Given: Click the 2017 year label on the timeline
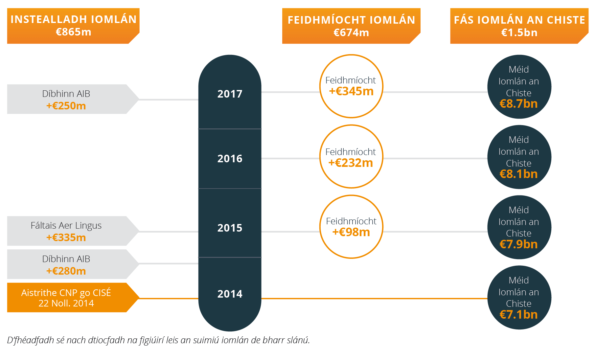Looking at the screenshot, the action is click(x=230, y=94).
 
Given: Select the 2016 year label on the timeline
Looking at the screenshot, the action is click(x=230, y=159).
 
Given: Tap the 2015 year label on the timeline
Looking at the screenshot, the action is click(x=230, y=228).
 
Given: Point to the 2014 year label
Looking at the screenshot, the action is click(x=230, y=294).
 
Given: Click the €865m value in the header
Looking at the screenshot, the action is click(x=73, y=32).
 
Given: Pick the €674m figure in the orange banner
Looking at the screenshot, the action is click(x=351, y=33).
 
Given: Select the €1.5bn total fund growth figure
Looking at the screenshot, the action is click(x=519, y=33).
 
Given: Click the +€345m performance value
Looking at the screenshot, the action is click(x=351, y=91).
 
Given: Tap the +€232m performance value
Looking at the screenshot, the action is click(x=351, y=163).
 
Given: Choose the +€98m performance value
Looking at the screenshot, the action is click(x=351, y=232).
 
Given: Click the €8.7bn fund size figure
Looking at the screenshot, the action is click(x=518, y=104).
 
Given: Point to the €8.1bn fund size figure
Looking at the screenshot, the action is click(x=518, y=174).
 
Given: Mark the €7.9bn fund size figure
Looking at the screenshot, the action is click(x=518, y=244).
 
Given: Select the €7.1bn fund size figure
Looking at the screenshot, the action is click(x=518, y=315).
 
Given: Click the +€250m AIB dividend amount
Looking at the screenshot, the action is click(x=66, y=106).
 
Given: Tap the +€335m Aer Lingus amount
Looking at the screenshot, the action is click(x=66, y=237).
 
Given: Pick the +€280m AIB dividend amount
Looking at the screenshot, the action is click(x=66, y=271).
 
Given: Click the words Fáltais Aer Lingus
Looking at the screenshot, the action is click(x=66, y=226).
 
